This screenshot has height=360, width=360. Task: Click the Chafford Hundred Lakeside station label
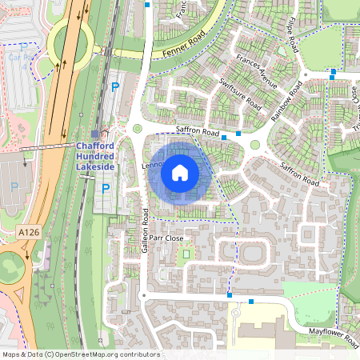[x=95, y=156]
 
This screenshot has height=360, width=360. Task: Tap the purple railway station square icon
[x=96, y=134]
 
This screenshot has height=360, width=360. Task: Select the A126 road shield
[x=27, y=230]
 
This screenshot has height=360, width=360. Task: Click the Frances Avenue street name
[x=257, y=71]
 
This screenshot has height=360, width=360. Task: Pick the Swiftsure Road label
[x=240, y=94]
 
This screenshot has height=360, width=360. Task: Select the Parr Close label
[x=166, y=238]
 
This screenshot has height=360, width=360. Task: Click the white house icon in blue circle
[x=180, y=172]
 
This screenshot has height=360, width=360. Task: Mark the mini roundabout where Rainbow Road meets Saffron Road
[x=255, y=145]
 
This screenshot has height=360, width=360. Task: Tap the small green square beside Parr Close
[x=186, y=254]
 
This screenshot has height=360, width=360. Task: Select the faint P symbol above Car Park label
[x=23, y=47]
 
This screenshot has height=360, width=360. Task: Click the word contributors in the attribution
[x=138, y=354]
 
